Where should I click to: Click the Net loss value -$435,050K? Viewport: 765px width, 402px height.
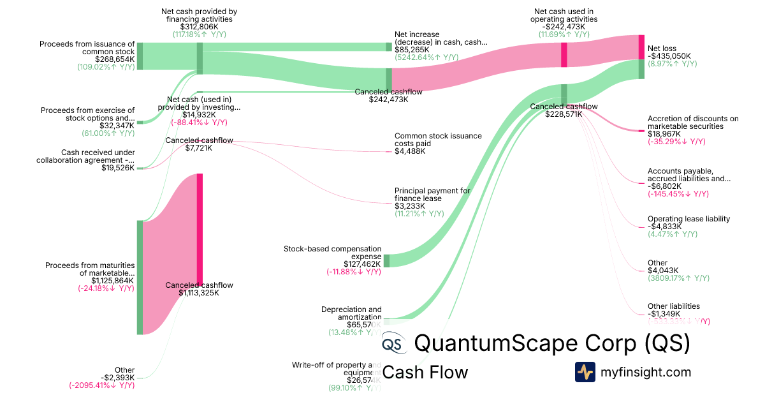coord(669,56)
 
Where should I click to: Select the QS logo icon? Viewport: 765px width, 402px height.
coord(394,344)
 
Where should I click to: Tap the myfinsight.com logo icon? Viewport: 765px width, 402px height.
coord(585,372)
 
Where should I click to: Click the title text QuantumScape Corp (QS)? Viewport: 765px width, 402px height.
coord(552,343)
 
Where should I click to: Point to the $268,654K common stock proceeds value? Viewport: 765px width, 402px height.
coord(115,59)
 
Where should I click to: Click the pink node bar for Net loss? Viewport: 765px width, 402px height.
coord(641,47)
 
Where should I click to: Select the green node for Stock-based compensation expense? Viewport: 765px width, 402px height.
coord(386,260)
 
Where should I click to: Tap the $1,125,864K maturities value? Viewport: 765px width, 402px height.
coord(112,280)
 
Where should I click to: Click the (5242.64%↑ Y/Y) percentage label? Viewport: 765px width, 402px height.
coord(426,57)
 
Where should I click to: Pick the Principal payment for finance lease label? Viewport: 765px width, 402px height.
coord(432,195)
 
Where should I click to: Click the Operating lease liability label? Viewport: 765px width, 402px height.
coord(688,219)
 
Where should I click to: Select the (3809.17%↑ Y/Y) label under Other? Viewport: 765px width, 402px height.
coord(678,278)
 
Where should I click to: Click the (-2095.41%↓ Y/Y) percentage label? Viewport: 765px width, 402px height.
coord(102,385)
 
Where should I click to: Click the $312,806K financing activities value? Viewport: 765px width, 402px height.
coord(200,27)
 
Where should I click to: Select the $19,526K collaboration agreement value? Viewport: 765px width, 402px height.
coord(118,168)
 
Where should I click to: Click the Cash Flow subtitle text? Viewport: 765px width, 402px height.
coord(425,372)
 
